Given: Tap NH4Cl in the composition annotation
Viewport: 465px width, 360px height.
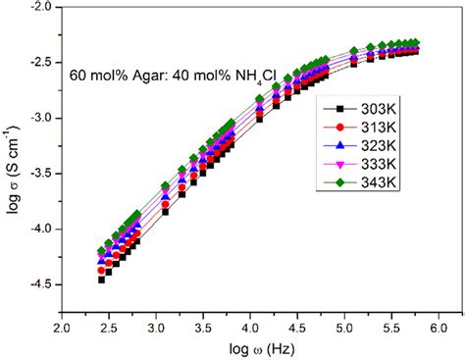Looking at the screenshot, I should (x=237, y=74).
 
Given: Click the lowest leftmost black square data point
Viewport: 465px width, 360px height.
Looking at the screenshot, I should (x=101, y=280).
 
